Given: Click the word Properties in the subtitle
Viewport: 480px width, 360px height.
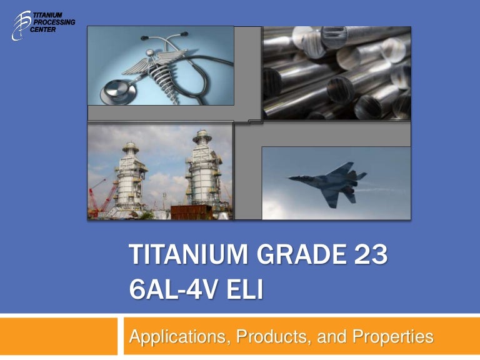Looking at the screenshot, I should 393,337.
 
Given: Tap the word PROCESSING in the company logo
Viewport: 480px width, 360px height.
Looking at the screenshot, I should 57,22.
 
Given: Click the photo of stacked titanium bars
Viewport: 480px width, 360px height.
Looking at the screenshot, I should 336,72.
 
